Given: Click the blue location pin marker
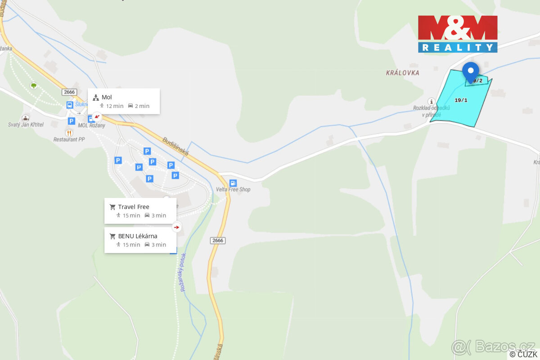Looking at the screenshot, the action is click(x=471, y=72).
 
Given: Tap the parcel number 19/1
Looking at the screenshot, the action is click(x=461, y=100).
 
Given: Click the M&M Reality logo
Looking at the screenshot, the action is click(x=458, y=34).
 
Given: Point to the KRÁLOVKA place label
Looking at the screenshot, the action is click(x=402, y=72).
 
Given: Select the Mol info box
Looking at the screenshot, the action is click(x=124, y=101).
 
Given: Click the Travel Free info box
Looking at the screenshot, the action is click(x=140, y=211).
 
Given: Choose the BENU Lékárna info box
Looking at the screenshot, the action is click(x=140, y=240).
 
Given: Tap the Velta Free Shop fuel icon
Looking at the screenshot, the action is click(x=233, y=183).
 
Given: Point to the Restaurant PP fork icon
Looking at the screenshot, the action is click(x=69, y=132).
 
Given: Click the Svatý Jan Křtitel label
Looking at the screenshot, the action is click(x=26, y=125).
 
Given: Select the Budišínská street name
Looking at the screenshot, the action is click(x=175, y=146).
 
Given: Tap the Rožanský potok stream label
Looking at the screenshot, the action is click(x=183, y=272).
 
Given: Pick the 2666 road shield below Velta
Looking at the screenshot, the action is click(x=217, y=240).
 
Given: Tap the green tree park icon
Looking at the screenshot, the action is click(x=33, y=85).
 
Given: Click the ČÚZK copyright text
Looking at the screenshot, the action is click(x=523, y=354).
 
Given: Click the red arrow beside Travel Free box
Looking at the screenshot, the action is click(x=177, y=227).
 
